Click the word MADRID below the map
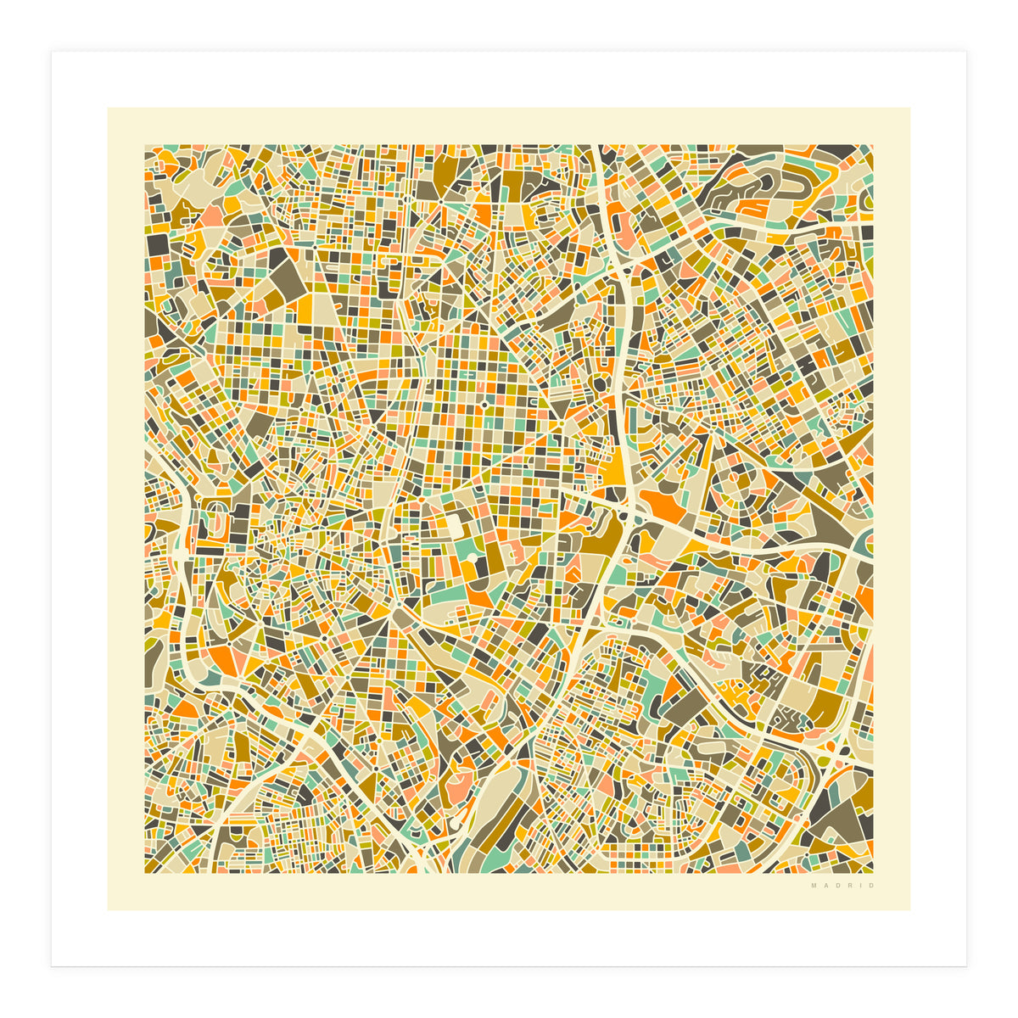click(842, 886)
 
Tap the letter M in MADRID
click(814, 886)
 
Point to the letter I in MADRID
click(860, 886)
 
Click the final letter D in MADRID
click(871, 886)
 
